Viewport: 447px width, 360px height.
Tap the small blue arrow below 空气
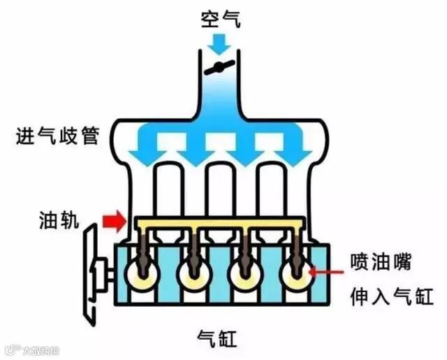tap(221, 44)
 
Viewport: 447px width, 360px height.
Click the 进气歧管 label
tap(57, 135)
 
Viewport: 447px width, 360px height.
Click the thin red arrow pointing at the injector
tap(328, 269)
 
